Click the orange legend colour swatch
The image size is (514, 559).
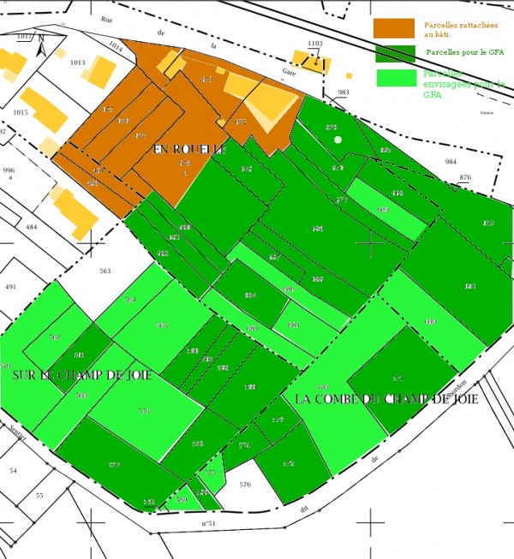tap(394, 28)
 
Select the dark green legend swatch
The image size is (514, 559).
tap(394, 53)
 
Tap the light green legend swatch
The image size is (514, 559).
tap(394, 78)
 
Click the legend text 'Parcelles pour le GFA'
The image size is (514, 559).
tap(465, 53)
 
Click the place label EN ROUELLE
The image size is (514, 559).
tap(189, 150)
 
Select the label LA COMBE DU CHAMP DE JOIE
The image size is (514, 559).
tap(385, 399)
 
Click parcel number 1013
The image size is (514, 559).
tap(78, 62)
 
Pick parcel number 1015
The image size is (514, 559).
tap(21, 112)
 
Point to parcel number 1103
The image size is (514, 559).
tap(315, 43)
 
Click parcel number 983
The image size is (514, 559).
tap(344, 92)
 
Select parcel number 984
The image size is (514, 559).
tap(451, 162)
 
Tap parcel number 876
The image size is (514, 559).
tap(465, 177)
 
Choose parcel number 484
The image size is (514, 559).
tap(32, 227)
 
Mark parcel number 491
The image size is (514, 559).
tap(11, 287)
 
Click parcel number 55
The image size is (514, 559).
tap(39, 496)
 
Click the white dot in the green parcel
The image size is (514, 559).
tap(338, 140)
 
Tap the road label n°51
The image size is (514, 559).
tap(207, 522)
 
